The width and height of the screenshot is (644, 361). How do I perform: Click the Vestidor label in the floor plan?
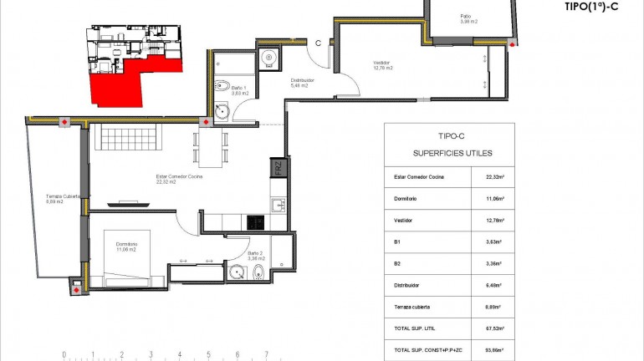[382, 65]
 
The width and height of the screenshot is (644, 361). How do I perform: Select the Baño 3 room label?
[257, 256]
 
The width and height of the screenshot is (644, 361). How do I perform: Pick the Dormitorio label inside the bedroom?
[127, 247]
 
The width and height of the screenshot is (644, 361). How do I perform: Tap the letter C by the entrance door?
[318, 43]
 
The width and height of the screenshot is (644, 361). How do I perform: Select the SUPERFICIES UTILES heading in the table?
[452, 154]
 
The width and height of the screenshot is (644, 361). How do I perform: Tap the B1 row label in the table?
[397, 242]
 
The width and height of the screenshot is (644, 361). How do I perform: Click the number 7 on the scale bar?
[265, 354]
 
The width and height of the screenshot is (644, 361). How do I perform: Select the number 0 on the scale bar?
[64, 354]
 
